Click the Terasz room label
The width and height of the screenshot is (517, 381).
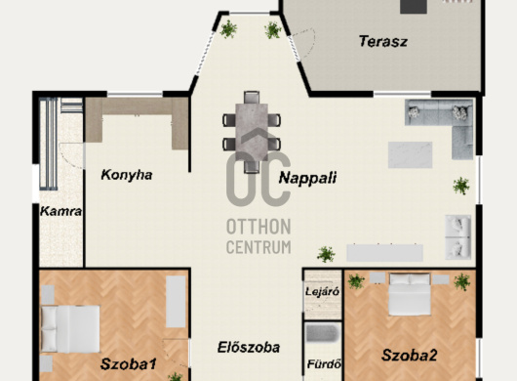(x=383, y=42)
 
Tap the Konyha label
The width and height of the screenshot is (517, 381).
(x=127, y=175)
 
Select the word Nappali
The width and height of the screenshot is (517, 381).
(x=307, y=178)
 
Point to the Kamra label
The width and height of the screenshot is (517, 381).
(x=61, y=211)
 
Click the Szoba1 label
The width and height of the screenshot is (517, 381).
(x=128, y=364)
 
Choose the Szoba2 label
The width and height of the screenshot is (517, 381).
(x=409, y=356)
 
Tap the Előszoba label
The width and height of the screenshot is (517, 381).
(x=249, y=348)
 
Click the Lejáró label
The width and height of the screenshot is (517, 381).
(x=322, y=292)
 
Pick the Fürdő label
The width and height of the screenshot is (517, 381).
(x=324, y=364)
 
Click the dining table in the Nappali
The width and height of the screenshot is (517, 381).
(x=252, y=132)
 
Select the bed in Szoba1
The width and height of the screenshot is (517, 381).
(x=70, y=329)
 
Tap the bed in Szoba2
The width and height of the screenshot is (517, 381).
(x=410, y=294)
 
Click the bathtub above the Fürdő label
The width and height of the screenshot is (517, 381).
(x=322, y=333)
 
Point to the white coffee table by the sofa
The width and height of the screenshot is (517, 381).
(x=410, y=155)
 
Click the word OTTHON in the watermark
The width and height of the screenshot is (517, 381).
(x=258, y=227)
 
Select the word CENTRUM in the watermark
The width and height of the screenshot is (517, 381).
(x=258, y=247)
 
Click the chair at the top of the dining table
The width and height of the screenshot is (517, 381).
(x=252, y=98)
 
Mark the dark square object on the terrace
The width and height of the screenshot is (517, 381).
(x=414, y=7)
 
